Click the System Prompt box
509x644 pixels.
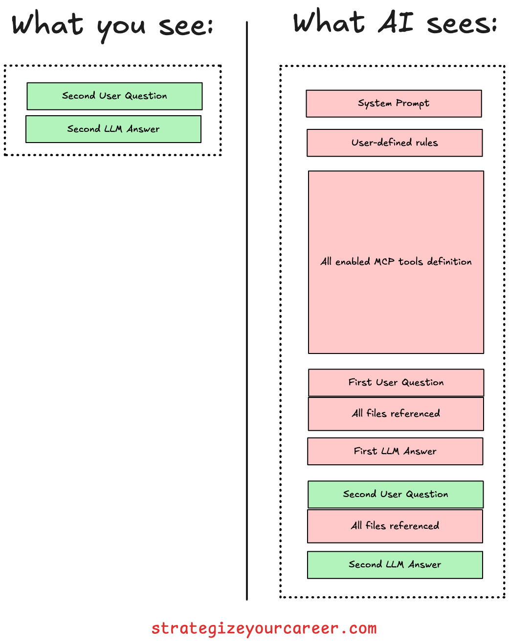(x=394, y=104)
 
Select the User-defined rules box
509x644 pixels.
(x=395, y=143)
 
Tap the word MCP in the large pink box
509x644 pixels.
(x=384, y=262)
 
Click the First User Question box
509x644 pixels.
(x=396, y=382)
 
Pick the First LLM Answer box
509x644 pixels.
(x=395, y=451)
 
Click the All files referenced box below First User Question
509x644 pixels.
(x=396, y=414)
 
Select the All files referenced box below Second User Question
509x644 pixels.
(x=395, y=526)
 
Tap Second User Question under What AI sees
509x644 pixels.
(x=396, y=494)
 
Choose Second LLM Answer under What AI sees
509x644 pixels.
(x=395, y=564)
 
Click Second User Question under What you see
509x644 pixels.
(x=114, y=96)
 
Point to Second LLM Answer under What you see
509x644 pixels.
(x=113, y=129)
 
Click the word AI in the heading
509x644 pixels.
(x=396, y=23)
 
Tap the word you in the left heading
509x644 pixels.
(x=121, y=27)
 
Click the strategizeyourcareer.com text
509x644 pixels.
(x=264, y=628)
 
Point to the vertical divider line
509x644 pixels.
(x=247, y=312)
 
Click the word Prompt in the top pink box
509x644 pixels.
(x=413, y=104)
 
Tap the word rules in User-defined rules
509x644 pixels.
(x=426, y=143)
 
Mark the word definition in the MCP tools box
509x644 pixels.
(x=449, y=262)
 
